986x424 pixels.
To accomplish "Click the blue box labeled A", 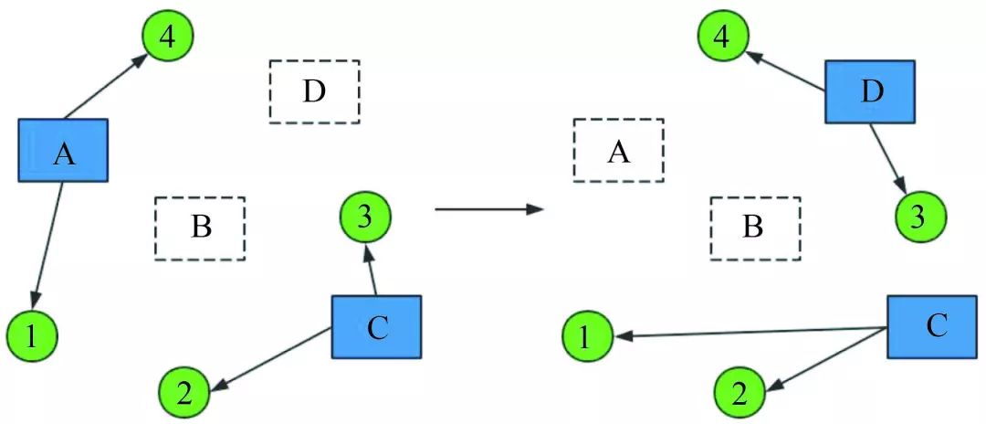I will tap(64, 150).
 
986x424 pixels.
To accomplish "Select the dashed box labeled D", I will tap(314, 91).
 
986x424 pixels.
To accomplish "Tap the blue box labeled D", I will tap(870, 91).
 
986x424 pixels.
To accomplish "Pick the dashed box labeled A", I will tap(618, 150).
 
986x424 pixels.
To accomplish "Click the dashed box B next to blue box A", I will tap(200, 228).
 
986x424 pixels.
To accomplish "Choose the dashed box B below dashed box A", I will tap(755, 228).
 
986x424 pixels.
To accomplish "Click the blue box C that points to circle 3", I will tap(375, 326).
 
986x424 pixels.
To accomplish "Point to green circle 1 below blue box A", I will tap(32, 336).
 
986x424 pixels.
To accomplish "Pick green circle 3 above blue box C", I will tap(365, 217).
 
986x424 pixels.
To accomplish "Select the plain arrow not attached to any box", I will tap(488, 209).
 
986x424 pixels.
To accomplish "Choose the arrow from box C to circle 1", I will tap(749, 333).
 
